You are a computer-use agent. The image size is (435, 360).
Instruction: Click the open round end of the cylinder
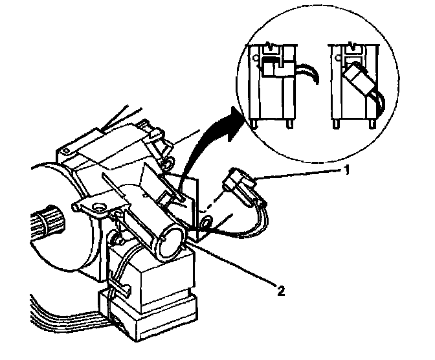coord(166,240)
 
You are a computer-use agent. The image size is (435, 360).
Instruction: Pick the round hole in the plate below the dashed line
coord(205,224)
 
